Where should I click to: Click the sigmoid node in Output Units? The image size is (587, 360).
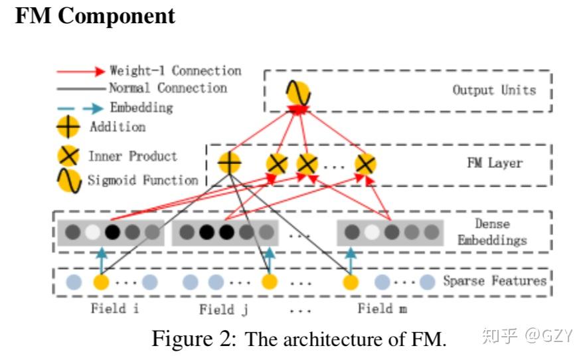tap(298, 92)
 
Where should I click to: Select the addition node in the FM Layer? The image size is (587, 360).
tap(229, 163)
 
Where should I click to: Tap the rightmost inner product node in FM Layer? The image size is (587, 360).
tap(365, 163)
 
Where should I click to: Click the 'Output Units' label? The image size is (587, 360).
tap(494, 90)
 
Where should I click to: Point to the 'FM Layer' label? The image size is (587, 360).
tap(495, 163)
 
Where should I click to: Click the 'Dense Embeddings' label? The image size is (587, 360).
tap(492, 232)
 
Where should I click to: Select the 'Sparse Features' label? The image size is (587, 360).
tap(495, 280)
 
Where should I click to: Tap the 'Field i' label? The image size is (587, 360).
tap(115, 308)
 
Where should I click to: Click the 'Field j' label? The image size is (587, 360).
tap(224, 310)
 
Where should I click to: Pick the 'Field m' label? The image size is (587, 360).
tap(382, 308)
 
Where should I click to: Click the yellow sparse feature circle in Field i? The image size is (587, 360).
tap(101, 282)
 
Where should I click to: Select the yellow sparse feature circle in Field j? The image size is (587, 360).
tap(269, 282)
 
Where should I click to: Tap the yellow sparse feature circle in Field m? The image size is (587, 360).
tap(351, 282)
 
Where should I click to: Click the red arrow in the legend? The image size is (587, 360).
tap(81, 71)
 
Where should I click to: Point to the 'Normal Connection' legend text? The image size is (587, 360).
tap(168, 88)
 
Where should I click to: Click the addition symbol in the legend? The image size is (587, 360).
tap(68, 127)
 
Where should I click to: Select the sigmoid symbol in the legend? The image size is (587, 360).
tap(69, 181)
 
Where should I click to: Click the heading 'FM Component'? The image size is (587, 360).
tap(95, 16)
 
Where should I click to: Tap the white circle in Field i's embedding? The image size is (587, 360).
tap(92, 232)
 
